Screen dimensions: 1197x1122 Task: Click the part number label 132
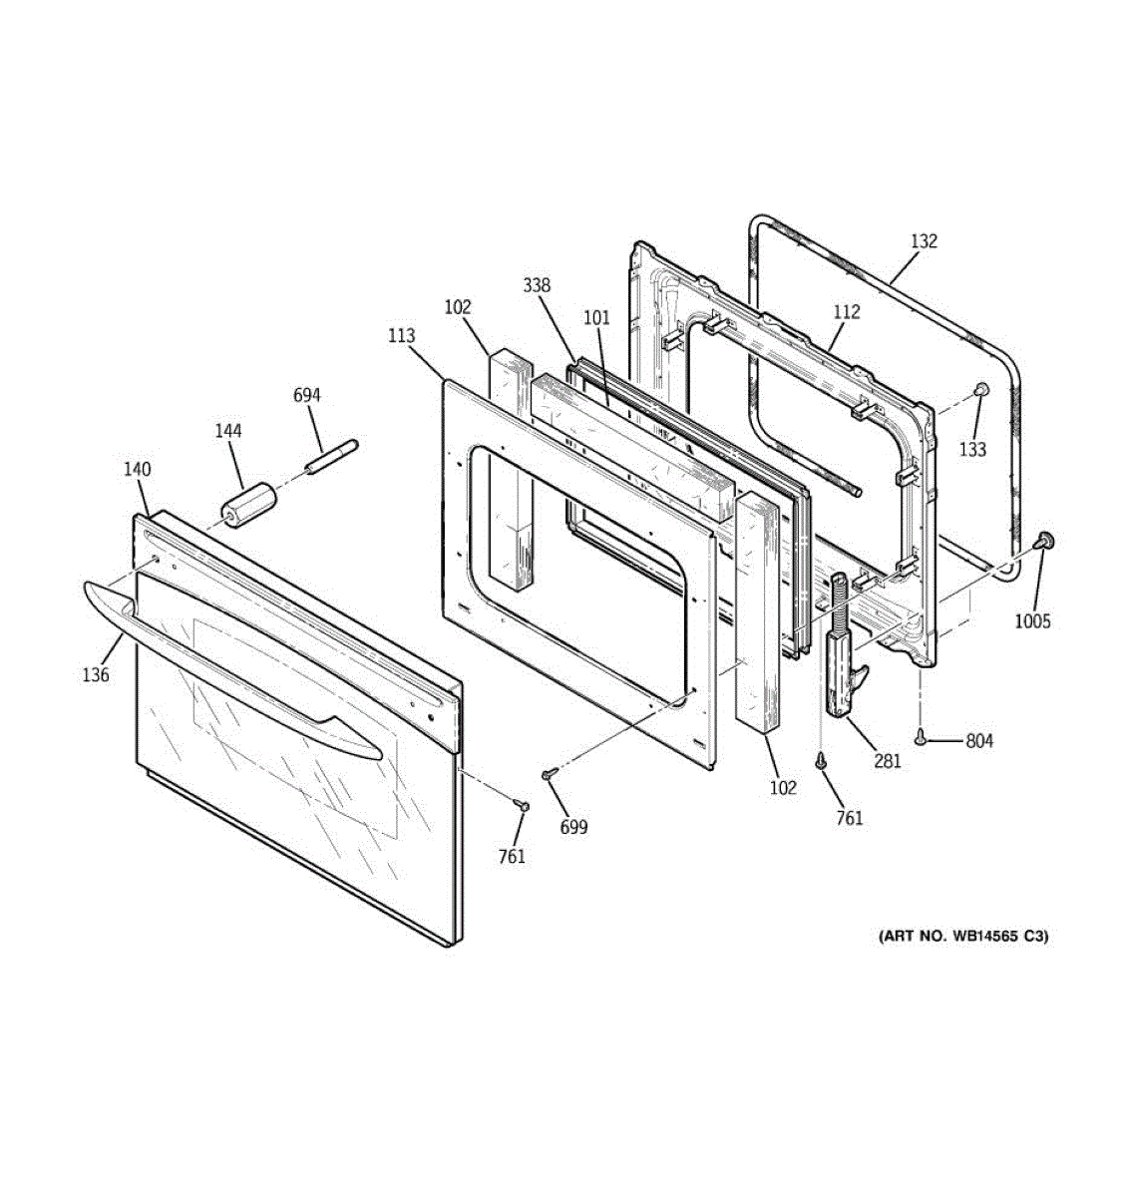tap(924, 241)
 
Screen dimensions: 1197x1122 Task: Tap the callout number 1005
tap(1032, 621)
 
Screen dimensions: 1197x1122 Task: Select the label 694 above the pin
tap(307, 396)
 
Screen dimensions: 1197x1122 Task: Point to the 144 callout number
tap(228, 431)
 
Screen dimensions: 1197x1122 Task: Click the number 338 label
tap(537, 286)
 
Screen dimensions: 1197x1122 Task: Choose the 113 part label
tap(401, 336)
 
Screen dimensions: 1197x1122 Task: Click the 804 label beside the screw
tap(978, 741)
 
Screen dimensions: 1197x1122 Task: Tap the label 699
tap(573, 827)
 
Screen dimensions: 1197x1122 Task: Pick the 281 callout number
tap(888, 761)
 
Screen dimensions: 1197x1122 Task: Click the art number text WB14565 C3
tap(963, 937)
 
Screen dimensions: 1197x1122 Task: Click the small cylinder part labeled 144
tap(248, 501)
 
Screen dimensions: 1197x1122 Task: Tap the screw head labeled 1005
tap(1045, 541)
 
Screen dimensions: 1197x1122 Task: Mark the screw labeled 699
tap(548, 773)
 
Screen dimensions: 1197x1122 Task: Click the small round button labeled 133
tap(980, 389)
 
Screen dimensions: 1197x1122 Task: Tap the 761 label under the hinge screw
tap(850, 818)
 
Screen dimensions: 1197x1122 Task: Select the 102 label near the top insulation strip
tap(458, 308)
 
